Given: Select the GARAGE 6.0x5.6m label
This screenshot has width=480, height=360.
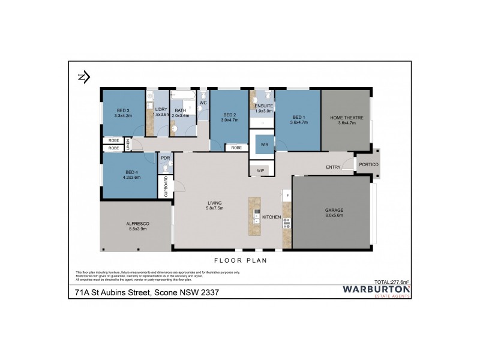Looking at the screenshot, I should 334,212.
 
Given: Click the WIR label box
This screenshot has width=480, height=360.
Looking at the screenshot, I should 263,144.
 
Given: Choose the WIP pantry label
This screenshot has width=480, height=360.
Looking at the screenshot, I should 260,170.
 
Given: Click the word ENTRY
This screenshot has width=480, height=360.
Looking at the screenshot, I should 333,167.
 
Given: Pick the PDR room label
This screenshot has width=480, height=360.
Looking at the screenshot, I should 165,158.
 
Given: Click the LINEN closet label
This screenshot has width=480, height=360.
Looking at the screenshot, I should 128,144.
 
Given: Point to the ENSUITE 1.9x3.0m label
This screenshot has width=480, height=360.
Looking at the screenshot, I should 263,109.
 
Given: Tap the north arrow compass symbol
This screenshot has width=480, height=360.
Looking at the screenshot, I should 83,76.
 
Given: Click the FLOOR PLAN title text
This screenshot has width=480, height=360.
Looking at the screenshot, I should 239,261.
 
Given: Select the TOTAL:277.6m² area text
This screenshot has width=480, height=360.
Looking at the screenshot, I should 391,281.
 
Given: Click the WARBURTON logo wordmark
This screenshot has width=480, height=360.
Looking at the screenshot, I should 376,289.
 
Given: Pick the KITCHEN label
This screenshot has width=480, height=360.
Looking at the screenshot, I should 272,217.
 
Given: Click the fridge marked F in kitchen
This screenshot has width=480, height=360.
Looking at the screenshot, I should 287,195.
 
